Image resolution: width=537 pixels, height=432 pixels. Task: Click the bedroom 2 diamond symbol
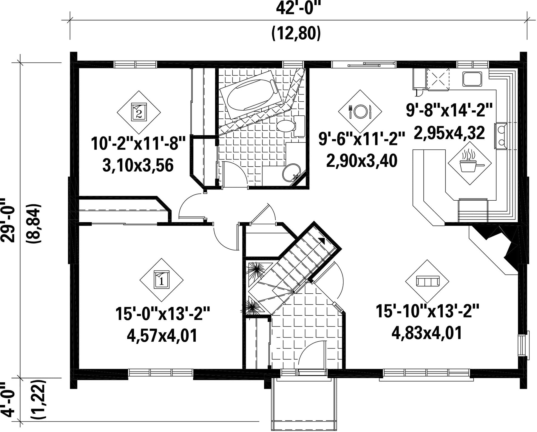pyautogui.click(x=139, y=112)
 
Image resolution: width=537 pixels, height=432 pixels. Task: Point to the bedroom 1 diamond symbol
pyautogui.click(x=162, y=279)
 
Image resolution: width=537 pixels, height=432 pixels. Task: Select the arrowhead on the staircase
pyautogui.click(x=322, y=241)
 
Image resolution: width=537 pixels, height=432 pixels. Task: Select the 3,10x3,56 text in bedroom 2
pyautogui.click(x=138, y=166)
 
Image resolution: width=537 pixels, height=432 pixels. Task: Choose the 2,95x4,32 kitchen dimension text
pyautogui.click(x=449, y=133)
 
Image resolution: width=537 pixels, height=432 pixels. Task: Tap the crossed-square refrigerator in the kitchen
pyautogui.click(x=438, y=79)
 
